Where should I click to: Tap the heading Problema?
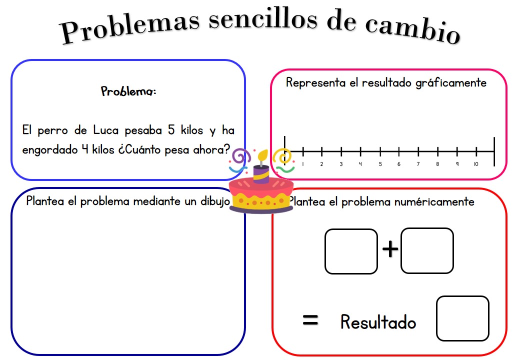128,91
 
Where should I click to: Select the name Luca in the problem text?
105,130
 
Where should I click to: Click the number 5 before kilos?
171,130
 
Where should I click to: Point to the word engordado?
50,150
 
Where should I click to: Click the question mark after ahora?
227,149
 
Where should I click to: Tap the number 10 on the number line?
476,164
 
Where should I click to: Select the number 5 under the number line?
380,164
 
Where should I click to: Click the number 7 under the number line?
418,164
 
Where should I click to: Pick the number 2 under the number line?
321,164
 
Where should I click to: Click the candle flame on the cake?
263,155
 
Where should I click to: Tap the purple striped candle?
261,173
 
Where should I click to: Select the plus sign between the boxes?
390,248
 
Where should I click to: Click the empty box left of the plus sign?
351,251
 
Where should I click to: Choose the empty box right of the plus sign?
427,250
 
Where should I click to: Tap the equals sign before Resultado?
310,320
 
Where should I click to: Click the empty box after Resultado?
462,318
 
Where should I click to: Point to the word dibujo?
215,201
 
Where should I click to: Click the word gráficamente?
451,83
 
